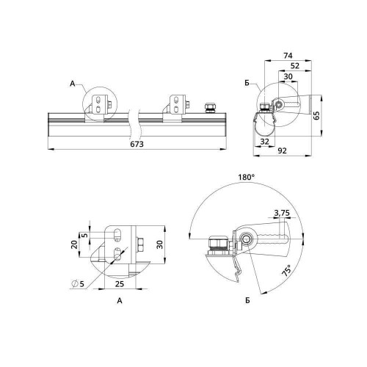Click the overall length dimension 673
point(137,144)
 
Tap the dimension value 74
point(288,56)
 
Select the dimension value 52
point(295,66)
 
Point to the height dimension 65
point(316,115)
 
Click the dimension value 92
point(282,150)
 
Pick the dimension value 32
point(264,142)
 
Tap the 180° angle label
point(247,177)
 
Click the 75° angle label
point(287,270)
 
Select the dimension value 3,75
point(282,213)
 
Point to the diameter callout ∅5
point(78,283)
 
